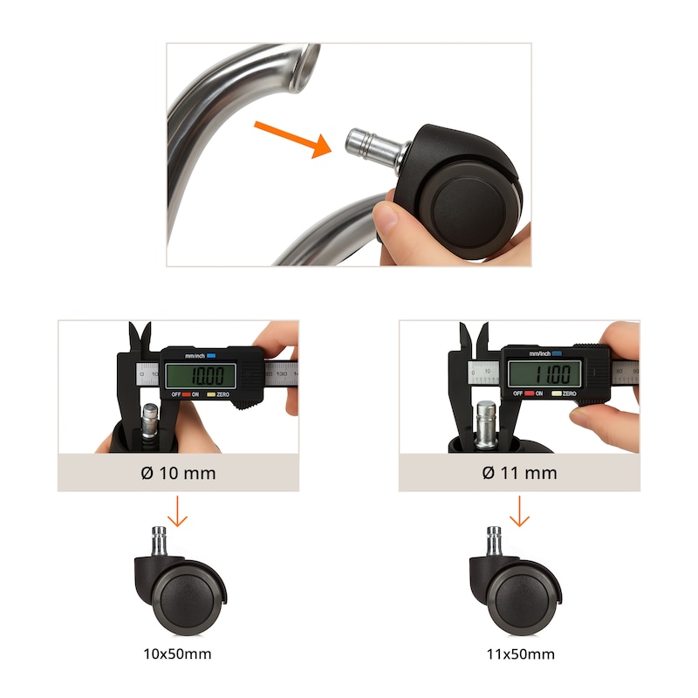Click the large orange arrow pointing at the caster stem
(x=294, y=139)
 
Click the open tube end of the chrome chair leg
(x=305, y=67)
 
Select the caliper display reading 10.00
(x=201, y=376)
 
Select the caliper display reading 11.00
(x=544, y=373)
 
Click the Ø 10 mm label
(x=178, y=473)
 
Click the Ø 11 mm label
(x=519, y=473)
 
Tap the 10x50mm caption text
(x=177, y=654)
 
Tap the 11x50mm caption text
(x=520, y=654)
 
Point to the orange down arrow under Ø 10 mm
(x=177, y=511)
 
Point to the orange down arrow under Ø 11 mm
(x=519, y=511)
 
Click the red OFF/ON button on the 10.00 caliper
(x=186, y=394)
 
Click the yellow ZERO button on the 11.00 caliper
(x=557, y=393)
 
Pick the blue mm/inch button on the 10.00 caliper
(x=211, y=356)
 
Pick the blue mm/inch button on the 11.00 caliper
(x=557, y=353)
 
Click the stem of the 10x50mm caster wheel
(x=159, y=541)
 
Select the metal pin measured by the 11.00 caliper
(x=486, y=423)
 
